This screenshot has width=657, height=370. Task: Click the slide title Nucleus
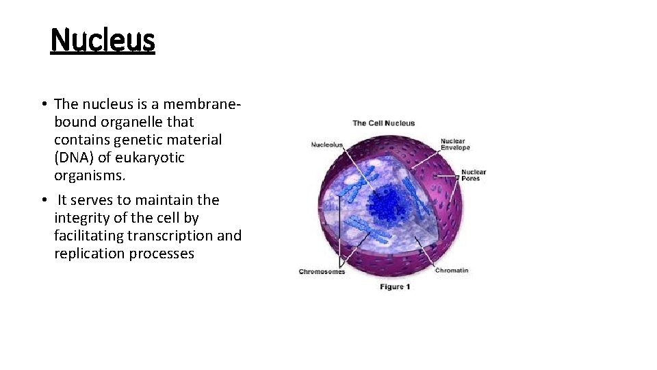click(103, 40)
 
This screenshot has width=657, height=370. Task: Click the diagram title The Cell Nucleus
click(383, 123)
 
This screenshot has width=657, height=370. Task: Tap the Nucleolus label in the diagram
click(327, 145)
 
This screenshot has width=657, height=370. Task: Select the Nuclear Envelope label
click(455, 145)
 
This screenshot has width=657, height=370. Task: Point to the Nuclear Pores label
click(473, 175)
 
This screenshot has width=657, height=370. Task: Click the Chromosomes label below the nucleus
click(322, 272)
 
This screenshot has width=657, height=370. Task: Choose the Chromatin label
click(452, 270)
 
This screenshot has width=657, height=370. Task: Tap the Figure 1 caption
click(395, 287)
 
